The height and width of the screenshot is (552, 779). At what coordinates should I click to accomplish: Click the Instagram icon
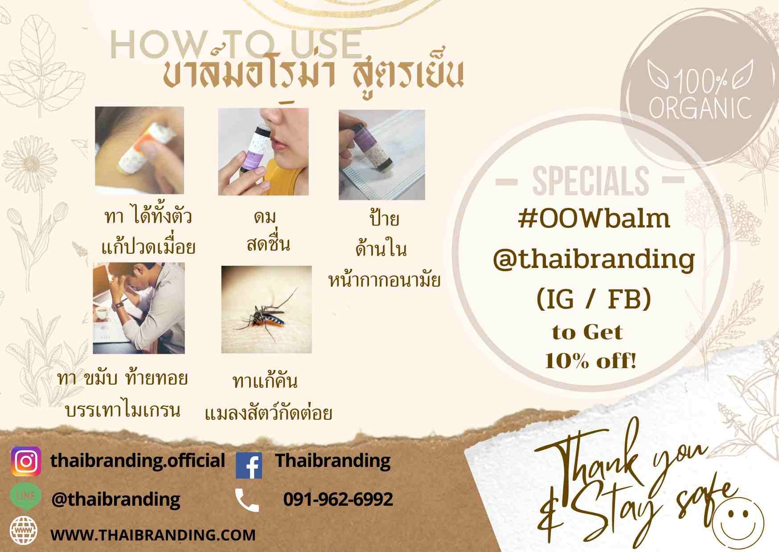(26, 462)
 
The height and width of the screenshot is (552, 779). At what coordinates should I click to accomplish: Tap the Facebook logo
(249, 466)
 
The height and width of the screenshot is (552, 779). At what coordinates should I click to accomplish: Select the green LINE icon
(26, 497)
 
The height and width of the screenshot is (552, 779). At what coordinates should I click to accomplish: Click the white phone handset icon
(247, 500)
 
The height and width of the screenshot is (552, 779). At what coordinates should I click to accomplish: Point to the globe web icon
(24, 531)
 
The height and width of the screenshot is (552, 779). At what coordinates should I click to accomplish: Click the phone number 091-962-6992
(338, 499)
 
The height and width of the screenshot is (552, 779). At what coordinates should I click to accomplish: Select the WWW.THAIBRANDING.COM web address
(153, 535)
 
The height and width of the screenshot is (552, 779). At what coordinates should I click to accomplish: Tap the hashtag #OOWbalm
(594, 218)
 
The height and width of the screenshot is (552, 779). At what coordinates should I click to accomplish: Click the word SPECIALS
(590, 181)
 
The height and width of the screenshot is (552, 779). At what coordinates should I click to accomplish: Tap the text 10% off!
(590, 360)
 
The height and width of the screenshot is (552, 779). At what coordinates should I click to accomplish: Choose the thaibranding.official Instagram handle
(138, 461)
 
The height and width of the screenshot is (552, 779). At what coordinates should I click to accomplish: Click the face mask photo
(382, 155)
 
